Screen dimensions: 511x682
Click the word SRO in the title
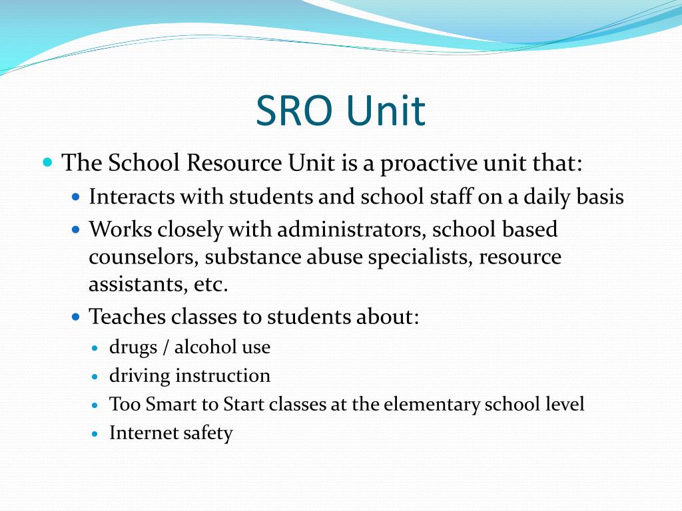point(294,110)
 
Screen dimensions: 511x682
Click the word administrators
point(352,230)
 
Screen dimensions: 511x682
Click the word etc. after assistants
point(212,285)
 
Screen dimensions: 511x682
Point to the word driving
point(139,376)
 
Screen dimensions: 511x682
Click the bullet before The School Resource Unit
point(47,162)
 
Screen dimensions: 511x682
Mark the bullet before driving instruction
point(95,377)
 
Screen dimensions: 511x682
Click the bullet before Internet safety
point(95,434)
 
